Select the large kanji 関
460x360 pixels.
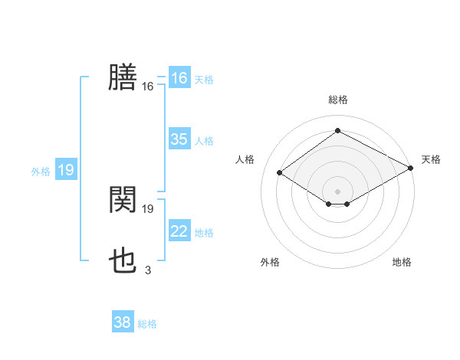[x=123, y=200]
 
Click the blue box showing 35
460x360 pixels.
[x=179, y=139]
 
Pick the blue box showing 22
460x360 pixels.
[x=179, y=231]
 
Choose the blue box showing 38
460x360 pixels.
[x=122, y=322]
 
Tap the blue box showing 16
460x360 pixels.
[x=179, y=78]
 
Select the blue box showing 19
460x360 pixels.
[x=65, y=170]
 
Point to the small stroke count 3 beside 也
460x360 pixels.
[x=148, y=270]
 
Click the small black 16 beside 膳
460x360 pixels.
[x=148, y=87]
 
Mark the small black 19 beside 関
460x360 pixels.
[x=148, y=208]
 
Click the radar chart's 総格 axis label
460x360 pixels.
[x=337, y=100]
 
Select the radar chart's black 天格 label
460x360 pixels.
[x=431, y=159]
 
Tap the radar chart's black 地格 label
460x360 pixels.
[x=402, y=263]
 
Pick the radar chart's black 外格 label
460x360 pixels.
[x=270, y=263]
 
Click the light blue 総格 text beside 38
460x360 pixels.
[x=147, y=324]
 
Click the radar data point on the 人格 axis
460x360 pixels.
[x=280, y=172]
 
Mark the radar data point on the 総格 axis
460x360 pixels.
[x=337, y=131]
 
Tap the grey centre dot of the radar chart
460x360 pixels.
[x=337, y=191]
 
